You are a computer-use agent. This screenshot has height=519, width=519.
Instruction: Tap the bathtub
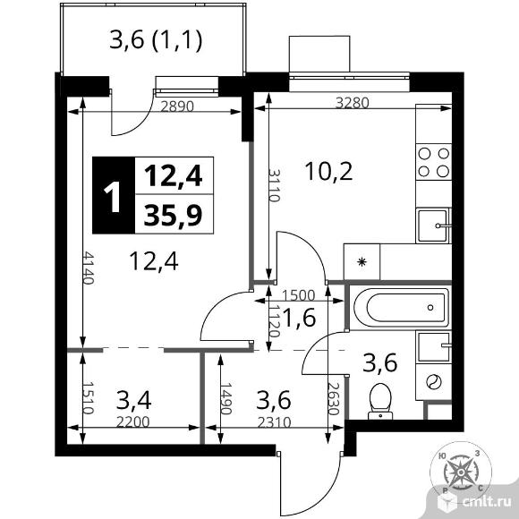click(x=401, y=307)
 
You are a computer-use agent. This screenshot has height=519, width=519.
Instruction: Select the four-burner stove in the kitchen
click(x=434, y=162)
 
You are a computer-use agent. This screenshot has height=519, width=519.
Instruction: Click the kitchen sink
click(x=434, y=225)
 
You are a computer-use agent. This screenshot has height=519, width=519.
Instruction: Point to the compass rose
click(x=461, y=472)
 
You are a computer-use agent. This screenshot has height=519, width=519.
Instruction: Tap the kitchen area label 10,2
click(x=328, y=172)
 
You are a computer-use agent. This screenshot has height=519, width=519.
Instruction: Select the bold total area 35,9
click(x=173, y=214)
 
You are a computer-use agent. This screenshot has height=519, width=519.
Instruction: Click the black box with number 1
click(x=114, y=195)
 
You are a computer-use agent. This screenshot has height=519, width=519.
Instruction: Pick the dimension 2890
click(x=177, y=106)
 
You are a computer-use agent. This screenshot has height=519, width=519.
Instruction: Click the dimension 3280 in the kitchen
click(x=353, y=103)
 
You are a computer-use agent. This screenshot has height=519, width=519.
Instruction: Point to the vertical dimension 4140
click(x=89, y=268)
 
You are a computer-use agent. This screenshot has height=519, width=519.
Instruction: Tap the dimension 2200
click(x=133, y=422)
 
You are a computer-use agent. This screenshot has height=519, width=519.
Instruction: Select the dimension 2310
click(x=274, y=422)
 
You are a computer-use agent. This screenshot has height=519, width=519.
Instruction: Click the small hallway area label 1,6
click(x=299, y=318)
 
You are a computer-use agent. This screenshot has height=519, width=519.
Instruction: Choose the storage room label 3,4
click(x=133, y=400)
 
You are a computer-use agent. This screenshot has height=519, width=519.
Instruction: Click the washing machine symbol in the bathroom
click(x=434, y=381)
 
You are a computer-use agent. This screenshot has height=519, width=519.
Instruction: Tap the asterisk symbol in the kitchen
click(x=362, y=262)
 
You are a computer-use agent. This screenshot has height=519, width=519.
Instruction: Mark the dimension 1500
click(x=299, y=295)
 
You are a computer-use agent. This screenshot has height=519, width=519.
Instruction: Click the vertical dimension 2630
click(x=334, y=398)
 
